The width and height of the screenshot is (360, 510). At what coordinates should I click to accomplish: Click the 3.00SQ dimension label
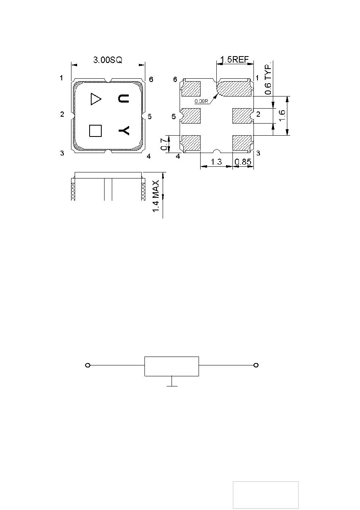(108, 60)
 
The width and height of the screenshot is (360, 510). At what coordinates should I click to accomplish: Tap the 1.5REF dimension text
(234, 59)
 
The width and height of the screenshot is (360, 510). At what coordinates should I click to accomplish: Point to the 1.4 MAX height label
(156, 196)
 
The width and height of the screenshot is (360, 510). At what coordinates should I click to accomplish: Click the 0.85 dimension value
(243, 162)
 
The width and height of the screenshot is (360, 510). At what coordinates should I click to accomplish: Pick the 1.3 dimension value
(216, 162)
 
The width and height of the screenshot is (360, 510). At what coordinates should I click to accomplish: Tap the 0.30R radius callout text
(201, 101)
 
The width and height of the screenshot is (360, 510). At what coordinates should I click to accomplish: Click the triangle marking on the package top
(96, 99)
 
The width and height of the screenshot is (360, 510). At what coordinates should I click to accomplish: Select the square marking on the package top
(95, 131)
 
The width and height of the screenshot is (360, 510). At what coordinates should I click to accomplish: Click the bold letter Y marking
(124, 131)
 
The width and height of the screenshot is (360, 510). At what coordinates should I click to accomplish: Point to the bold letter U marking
(123, 99)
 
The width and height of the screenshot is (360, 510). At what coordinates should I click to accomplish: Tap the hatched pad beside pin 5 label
(191, 116)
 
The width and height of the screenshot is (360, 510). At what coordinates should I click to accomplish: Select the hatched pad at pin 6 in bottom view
(191, 88)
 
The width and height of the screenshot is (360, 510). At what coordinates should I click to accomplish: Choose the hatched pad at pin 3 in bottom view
(242, 143)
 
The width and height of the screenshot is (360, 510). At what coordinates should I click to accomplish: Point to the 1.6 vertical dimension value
(282, 115)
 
